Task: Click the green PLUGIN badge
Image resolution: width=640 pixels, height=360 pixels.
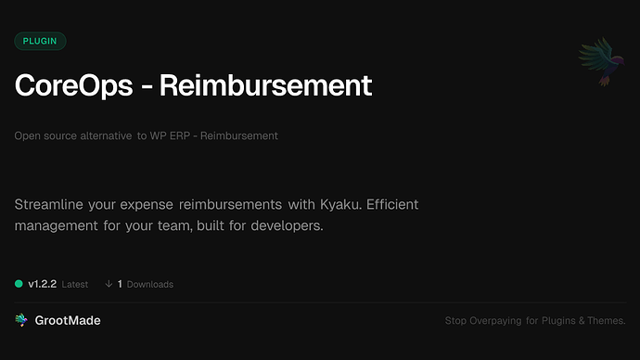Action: tap(40, 41)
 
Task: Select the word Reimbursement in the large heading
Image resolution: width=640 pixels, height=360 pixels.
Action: tap(265, 85)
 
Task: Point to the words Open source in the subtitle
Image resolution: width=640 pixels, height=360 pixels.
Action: tap(44, 135)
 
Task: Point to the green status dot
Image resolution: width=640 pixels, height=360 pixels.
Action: tap(19, 284)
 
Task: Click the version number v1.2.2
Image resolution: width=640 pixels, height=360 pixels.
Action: tap(42, 284)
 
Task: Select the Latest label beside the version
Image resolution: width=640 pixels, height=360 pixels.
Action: tap(75, 285)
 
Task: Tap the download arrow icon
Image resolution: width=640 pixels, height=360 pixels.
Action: tap(109, 284)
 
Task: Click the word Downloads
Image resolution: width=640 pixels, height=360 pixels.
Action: tap(150, 285)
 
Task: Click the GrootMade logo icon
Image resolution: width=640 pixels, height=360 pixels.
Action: tap(21, 320)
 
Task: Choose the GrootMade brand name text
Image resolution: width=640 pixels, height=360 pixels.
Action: tap(68, 320)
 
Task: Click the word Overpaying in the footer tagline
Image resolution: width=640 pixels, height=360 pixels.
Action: tap(498, 321)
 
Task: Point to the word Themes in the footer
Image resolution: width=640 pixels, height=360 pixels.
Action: tap(606, 321)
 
